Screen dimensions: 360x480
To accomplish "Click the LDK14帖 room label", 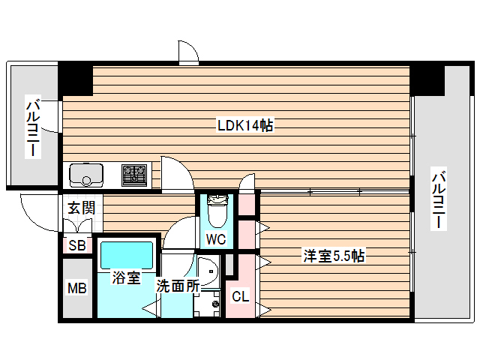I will (244, 126).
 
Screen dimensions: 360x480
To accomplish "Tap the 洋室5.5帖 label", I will (334, 256).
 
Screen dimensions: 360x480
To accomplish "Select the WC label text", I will (216, 240).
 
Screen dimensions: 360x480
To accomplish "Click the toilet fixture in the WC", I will (216, 211).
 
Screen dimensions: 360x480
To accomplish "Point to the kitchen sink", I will (87, 175).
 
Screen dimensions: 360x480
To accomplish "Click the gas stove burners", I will (136, 175).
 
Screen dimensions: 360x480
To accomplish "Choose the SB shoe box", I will (76, 245).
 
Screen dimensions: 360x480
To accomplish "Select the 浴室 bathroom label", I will (125, 278).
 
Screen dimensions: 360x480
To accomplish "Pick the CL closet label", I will (240, 297).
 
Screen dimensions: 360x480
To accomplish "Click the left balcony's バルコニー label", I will (34, 126).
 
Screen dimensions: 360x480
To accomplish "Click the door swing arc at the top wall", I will (187, 52).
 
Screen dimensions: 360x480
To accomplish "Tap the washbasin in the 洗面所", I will (207, 269).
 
